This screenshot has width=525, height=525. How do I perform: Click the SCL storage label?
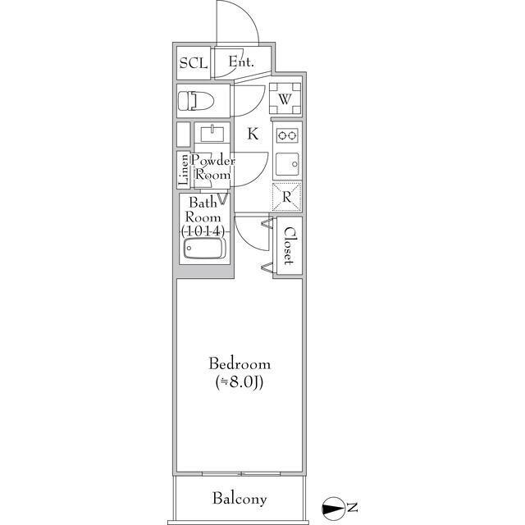(194, 63)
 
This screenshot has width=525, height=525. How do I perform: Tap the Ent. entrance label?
(241, 62)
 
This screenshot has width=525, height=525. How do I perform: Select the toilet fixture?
(196, 101)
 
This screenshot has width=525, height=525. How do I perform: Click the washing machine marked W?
(285, 99)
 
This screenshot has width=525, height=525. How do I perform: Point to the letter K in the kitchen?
(253, 134)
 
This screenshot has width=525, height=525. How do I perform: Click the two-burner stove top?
(287, 135)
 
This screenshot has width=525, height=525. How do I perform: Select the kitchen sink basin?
(287, 164)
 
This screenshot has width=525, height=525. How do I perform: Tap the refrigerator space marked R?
(286, 197)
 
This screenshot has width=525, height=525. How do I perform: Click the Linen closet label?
(184, 170)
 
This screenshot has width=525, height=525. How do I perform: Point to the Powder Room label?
(213, 167)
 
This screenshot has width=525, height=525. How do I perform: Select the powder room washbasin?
(212, 133)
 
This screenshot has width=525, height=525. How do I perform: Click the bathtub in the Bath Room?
(204, 248)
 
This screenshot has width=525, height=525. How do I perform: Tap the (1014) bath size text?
(203, 231)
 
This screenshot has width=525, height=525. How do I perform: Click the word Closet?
(289, 246)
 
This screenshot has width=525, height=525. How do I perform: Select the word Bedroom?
(240, 364)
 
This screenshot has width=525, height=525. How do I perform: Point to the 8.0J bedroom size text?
(240, 382)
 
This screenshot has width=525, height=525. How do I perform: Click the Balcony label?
(240, 499)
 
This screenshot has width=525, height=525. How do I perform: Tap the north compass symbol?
(333, 509)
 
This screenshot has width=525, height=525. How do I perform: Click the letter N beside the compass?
(352, 508)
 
